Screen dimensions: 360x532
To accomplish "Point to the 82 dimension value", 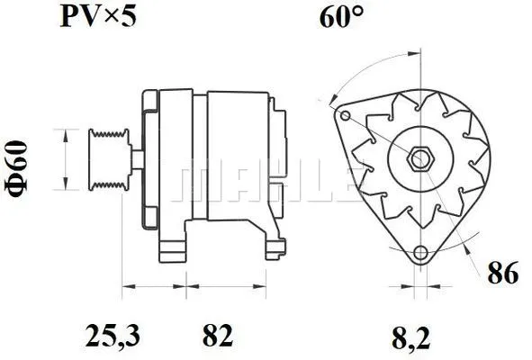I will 217,337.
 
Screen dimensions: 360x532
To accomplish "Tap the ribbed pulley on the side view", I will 105,159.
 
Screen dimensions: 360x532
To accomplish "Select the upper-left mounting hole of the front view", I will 343,114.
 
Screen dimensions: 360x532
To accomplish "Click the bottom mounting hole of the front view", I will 419,252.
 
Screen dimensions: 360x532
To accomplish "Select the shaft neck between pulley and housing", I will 134,160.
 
